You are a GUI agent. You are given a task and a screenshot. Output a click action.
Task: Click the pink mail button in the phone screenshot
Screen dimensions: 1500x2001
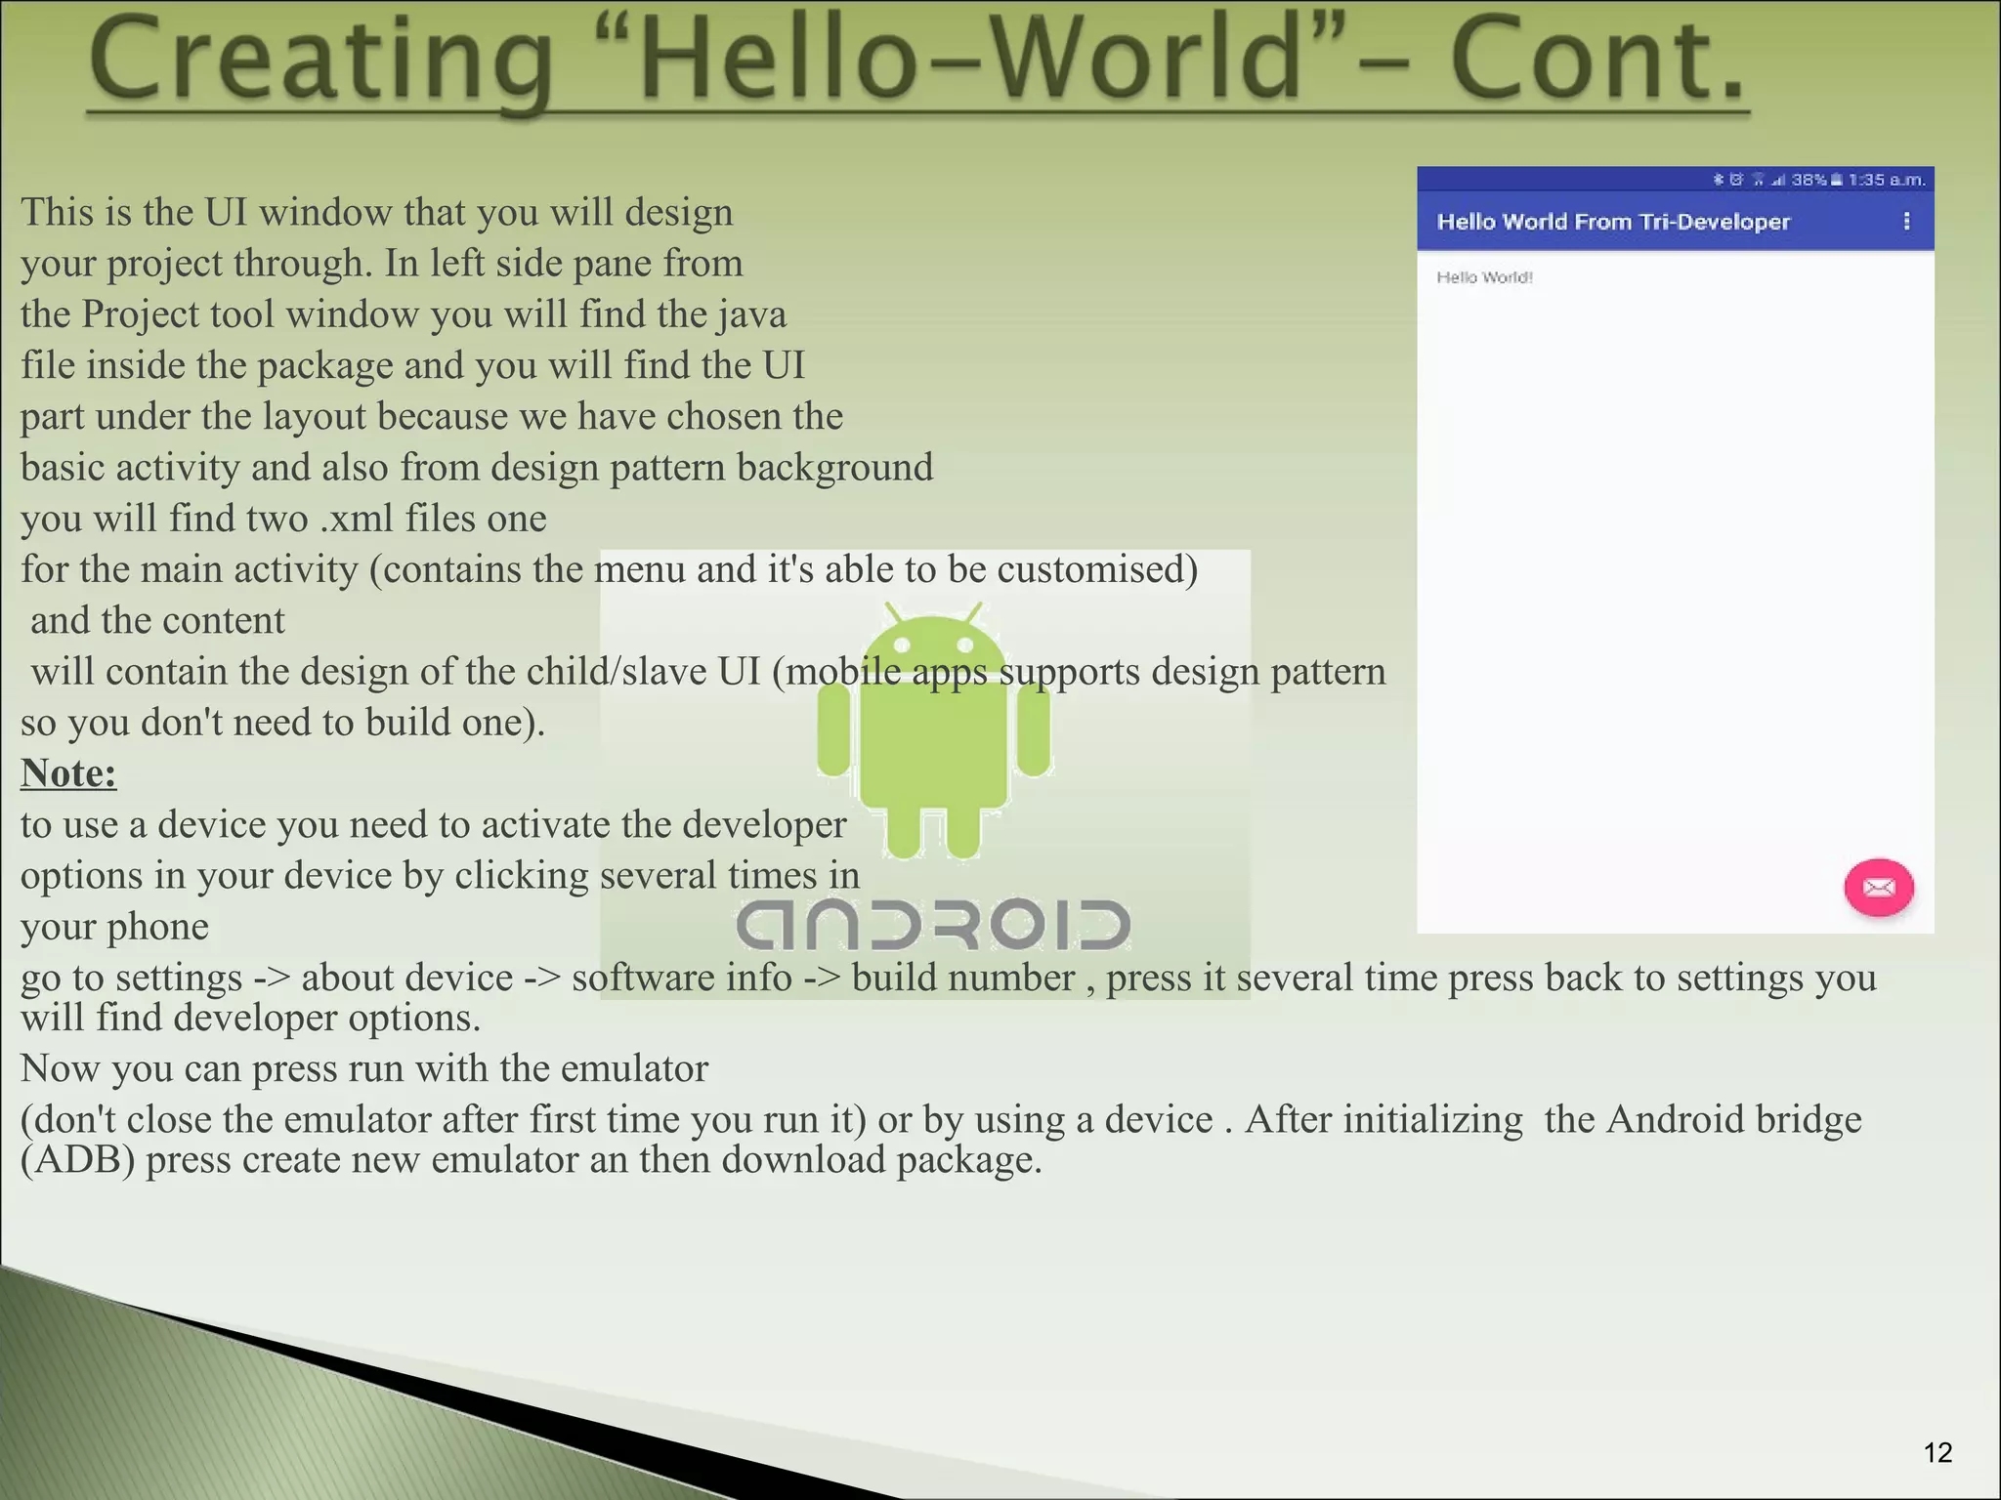pos(1878,888)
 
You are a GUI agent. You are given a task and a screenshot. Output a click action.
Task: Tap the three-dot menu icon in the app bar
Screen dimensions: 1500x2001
pos(1906,222)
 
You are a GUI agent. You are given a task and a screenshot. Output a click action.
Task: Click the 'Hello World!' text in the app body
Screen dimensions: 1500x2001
pos(1484,277)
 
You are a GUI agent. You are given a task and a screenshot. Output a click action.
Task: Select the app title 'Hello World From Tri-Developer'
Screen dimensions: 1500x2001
pos(1613,222)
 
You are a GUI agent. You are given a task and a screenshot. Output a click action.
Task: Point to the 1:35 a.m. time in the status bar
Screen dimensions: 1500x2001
pos(1886,180)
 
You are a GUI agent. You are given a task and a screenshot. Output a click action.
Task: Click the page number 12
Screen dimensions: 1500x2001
pos(1937,1453)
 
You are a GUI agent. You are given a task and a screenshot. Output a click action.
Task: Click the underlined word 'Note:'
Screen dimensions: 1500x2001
pos(68,773)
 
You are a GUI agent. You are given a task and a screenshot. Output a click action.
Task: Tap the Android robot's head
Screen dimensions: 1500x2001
pos(933,649)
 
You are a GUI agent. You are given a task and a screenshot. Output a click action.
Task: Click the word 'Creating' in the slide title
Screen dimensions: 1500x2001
pos(322,61)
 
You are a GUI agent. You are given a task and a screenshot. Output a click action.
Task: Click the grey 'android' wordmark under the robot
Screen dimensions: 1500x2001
pos(933,924)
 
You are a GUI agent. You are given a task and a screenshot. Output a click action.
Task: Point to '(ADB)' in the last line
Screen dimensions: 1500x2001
pos(77,1160)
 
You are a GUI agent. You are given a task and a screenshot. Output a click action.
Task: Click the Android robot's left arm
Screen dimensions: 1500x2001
pos(833,729)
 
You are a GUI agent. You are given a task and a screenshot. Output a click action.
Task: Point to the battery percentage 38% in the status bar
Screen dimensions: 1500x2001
pos(1809,180)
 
